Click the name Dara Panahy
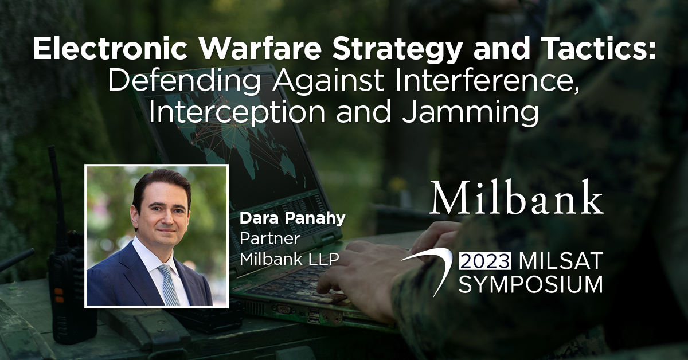point(285,219)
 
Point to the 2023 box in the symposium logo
point(486,261)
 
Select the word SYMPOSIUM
point(530,284)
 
